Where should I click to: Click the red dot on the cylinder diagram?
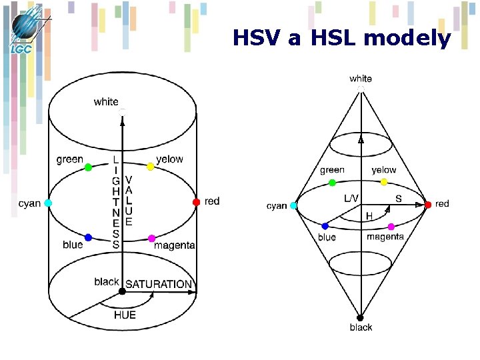[x=196, y=201]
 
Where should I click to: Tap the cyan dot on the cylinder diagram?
[x=48, y=203]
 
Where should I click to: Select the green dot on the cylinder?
[x=89, y=167]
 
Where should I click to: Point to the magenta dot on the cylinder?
[x=151, y=238]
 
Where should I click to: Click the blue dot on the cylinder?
[x=88, y=237]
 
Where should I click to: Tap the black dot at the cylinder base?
[x=122, y=291]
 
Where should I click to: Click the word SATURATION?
[x=159, y=284]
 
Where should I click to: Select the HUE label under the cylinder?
[x=125, y=315]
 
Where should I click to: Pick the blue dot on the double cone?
[x=325, y=227]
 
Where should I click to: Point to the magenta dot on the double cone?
[x=391, y=227]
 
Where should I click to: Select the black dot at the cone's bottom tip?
[x=360, y=317]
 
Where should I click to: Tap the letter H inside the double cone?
[x=369, y=216]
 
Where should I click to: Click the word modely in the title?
[x=411, y=39]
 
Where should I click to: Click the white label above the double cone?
[x=361, y=79]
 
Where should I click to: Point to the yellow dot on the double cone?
[x=384, y=181]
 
